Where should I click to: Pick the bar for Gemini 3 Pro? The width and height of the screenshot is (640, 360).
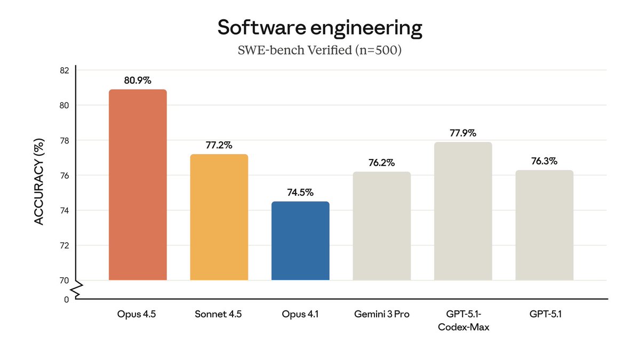click(381, 226)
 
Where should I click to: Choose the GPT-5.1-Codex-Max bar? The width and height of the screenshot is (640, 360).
click(463, 211)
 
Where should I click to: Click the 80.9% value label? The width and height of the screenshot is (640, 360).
click(138, 81)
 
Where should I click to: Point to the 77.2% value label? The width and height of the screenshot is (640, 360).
click(219, 145)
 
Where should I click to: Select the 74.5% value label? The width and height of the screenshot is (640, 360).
click(300, 193)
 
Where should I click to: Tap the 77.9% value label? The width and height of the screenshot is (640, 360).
click(463, 133)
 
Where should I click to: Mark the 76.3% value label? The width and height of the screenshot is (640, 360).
click(544, 161)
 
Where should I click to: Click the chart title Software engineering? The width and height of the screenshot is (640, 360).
click(319, 28)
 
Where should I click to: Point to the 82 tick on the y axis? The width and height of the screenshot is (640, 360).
click(64, 70)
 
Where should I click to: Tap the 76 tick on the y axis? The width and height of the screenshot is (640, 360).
click(64, 175)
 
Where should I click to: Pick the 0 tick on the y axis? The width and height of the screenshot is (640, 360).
click(66, 300)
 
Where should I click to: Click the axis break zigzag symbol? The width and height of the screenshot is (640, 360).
click(76, 290)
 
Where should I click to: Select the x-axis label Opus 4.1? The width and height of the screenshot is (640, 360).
click(300, 314)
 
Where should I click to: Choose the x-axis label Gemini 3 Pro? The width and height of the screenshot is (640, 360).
click(381, 314)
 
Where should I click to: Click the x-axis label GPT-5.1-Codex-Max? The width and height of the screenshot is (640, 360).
click(463, 321)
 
